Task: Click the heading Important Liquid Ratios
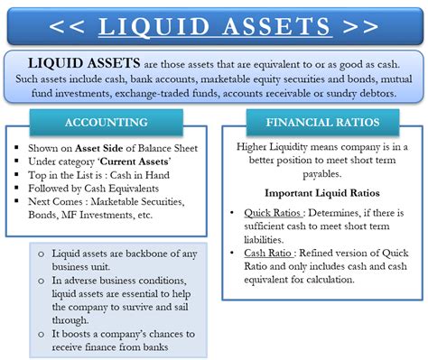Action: point(321,192)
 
